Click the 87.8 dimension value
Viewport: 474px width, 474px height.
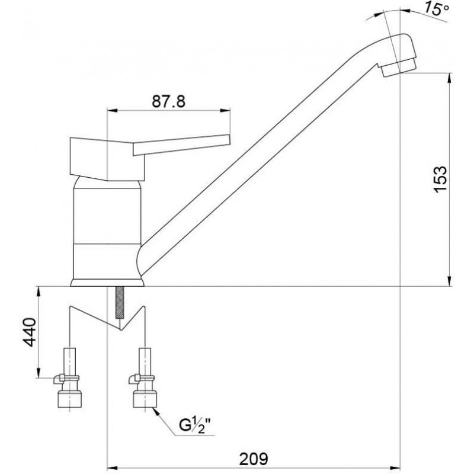[x=168, y=101]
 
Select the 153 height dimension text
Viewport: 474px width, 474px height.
[x=440, y=179]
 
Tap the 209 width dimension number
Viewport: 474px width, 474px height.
[x=254, y=459]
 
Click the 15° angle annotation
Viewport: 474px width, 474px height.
[x=435, y=8]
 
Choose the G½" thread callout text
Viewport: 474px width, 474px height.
[x=195, y=425]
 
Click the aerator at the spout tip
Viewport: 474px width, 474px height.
[x=398, y=67]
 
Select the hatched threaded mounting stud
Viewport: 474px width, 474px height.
[x=120, y=302]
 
